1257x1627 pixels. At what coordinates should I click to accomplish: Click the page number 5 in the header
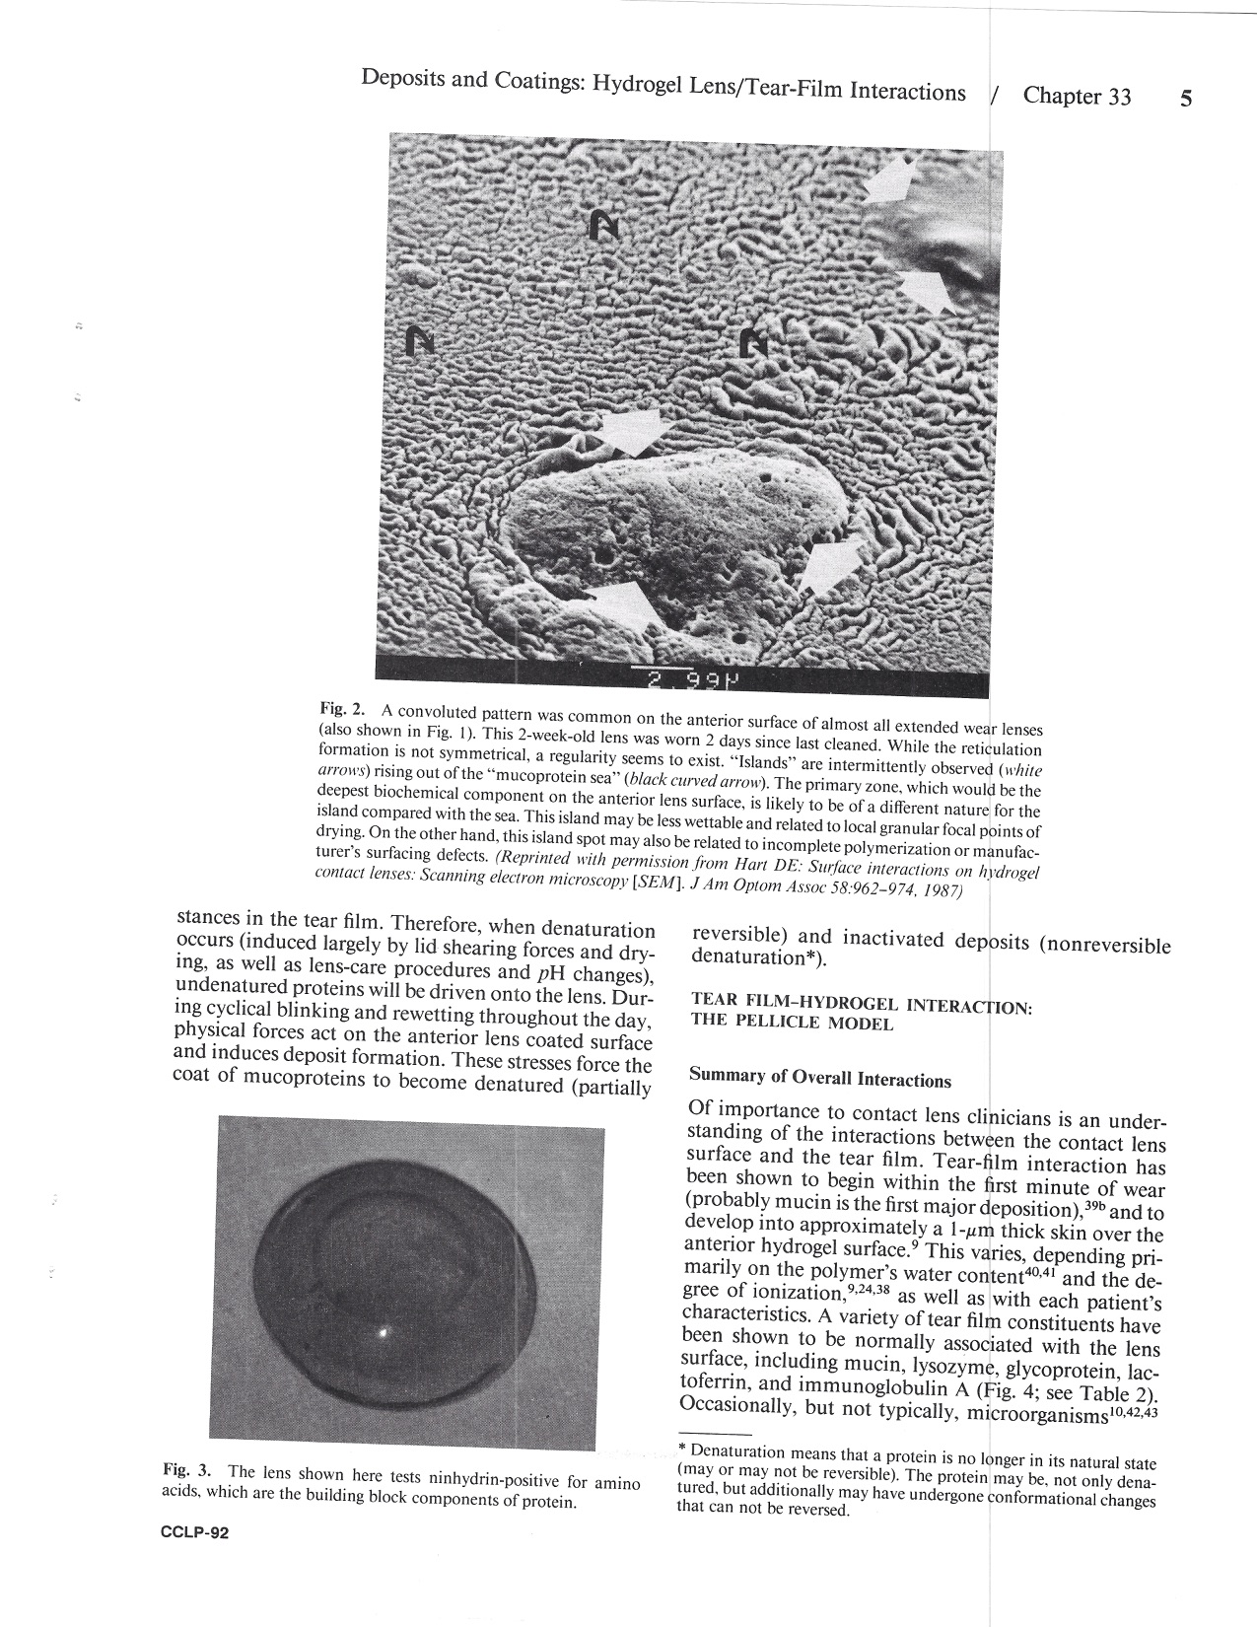[x=1187, y=100]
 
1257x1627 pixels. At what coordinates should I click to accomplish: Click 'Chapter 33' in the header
[x=1077, y=97]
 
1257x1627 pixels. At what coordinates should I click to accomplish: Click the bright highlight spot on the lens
[x=384, y=1333]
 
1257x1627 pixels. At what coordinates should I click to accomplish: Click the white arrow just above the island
[x=632, y=431]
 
